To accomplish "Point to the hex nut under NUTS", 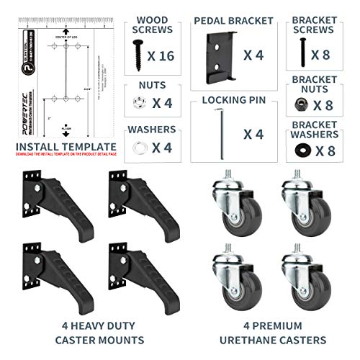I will pos(138,102).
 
